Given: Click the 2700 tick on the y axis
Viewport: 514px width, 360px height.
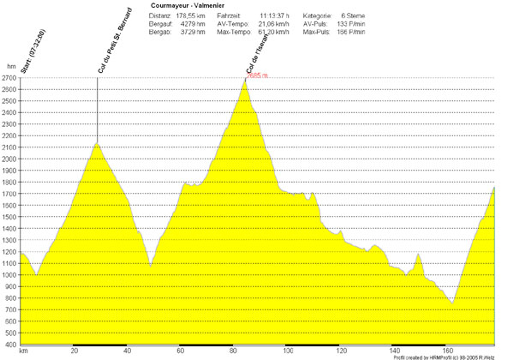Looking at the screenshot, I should click(9, 78).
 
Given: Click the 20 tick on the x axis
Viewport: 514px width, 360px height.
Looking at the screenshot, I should click(75, 351).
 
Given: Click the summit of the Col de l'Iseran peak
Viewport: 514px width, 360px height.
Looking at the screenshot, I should click(244, 81).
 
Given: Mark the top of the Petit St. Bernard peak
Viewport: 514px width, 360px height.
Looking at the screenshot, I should click(97, 142).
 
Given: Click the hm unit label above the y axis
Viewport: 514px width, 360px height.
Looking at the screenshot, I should click(10, 66).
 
